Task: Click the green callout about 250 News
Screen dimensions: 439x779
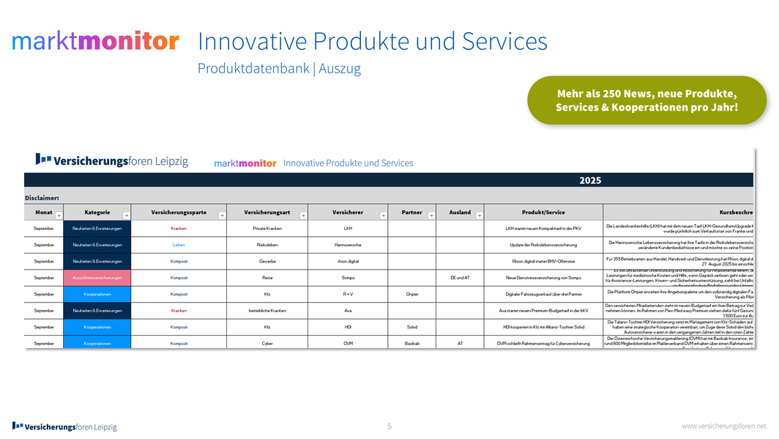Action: (646, 100)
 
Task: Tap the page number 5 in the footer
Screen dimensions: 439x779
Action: (389, 426)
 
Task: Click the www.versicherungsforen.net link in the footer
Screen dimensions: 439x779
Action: (723, 426)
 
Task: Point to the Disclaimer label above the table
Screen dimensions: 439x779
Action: (42, 196)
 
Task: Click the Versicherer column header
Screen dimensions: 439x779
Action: (347, 213)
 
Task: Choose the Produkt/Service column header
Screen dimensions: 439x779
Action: (543, 213)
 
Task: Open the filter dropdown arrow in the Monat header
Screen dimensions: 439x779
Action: (59, 215)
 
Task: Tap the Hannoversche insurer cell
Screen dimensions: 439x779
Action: (347, 245)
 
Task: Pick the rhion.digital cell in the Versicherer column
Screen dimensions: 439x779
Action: (347, 261)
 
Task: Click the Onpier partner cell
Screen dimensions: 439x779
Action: (411, 294)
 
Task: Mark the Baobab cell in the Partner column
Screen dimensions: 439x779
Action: (411, 343)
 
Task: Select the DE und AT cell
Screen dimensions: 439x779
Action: (460, 278)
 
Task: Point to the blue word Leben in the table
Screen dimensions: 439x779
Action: (179, 245)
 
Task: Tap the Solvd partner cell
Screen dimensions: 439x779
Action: (411, 327)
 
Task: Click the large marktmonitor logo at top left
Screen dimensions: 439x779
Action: (95, 41)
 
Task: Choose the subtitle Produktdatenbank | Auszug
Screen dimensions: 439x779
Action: (279, 69)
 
